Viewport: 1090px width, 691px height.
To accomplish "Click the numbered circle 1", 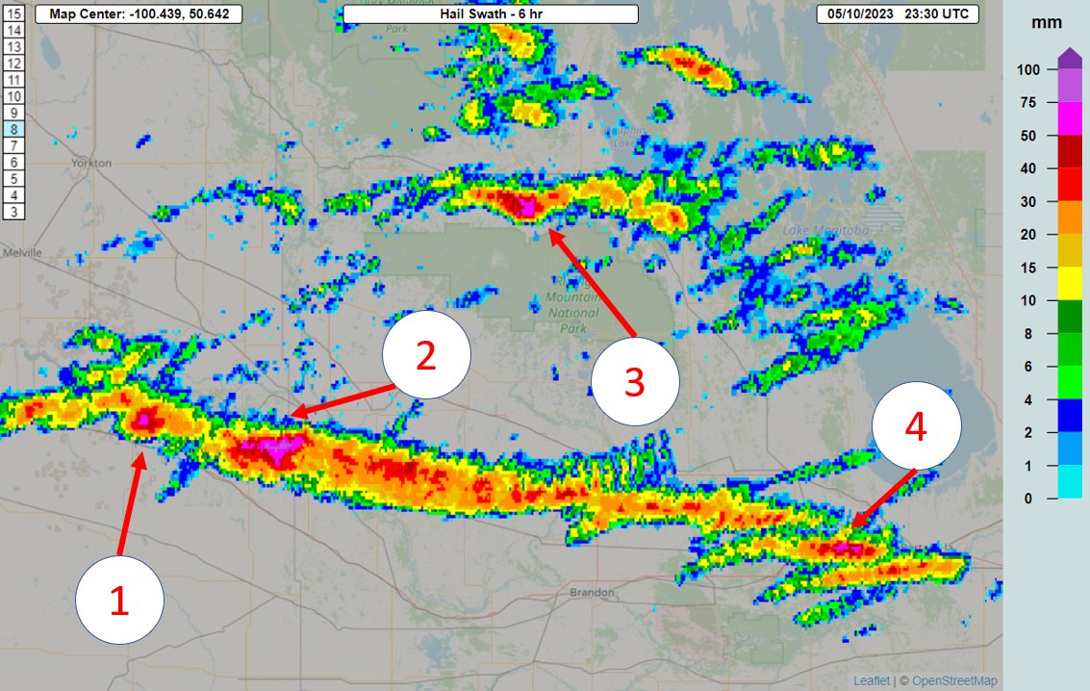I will (x=119, y=601).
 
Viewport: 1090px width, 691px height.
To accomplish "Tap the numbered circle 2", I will (x=426, y=355).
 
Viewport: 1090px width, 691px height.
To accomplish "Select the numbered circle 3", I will (x=635, y=381).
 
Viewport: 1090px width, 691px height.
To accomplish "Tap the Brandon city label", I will (x=591, y=592).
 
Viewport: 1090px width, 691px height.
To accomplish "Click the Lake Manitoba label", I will (x=826, y=230).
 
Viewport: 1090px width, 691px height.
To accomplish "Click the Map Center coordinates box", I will (x=139, y=14).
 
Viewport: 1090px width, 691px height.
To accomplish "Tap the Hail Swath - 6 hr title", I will (x=490, y=14).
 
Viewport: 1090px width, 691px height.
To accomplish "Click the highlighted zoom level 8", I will (x=14, y=128).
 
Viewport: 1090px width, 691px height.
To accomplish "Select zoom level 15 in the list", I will (x=14, y=13).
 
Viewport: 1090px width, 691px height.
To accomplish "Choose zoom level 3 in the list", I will (x=14, y=211).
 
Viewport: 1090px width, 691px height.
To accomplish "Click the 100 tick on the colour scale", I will (x=1029, y=70).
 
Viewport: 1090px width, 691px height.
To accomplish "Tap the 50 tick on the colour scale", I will (x=1029, y=136).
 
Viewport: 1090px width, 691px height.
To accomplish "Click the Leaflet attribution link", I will (x=872, y=680).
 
